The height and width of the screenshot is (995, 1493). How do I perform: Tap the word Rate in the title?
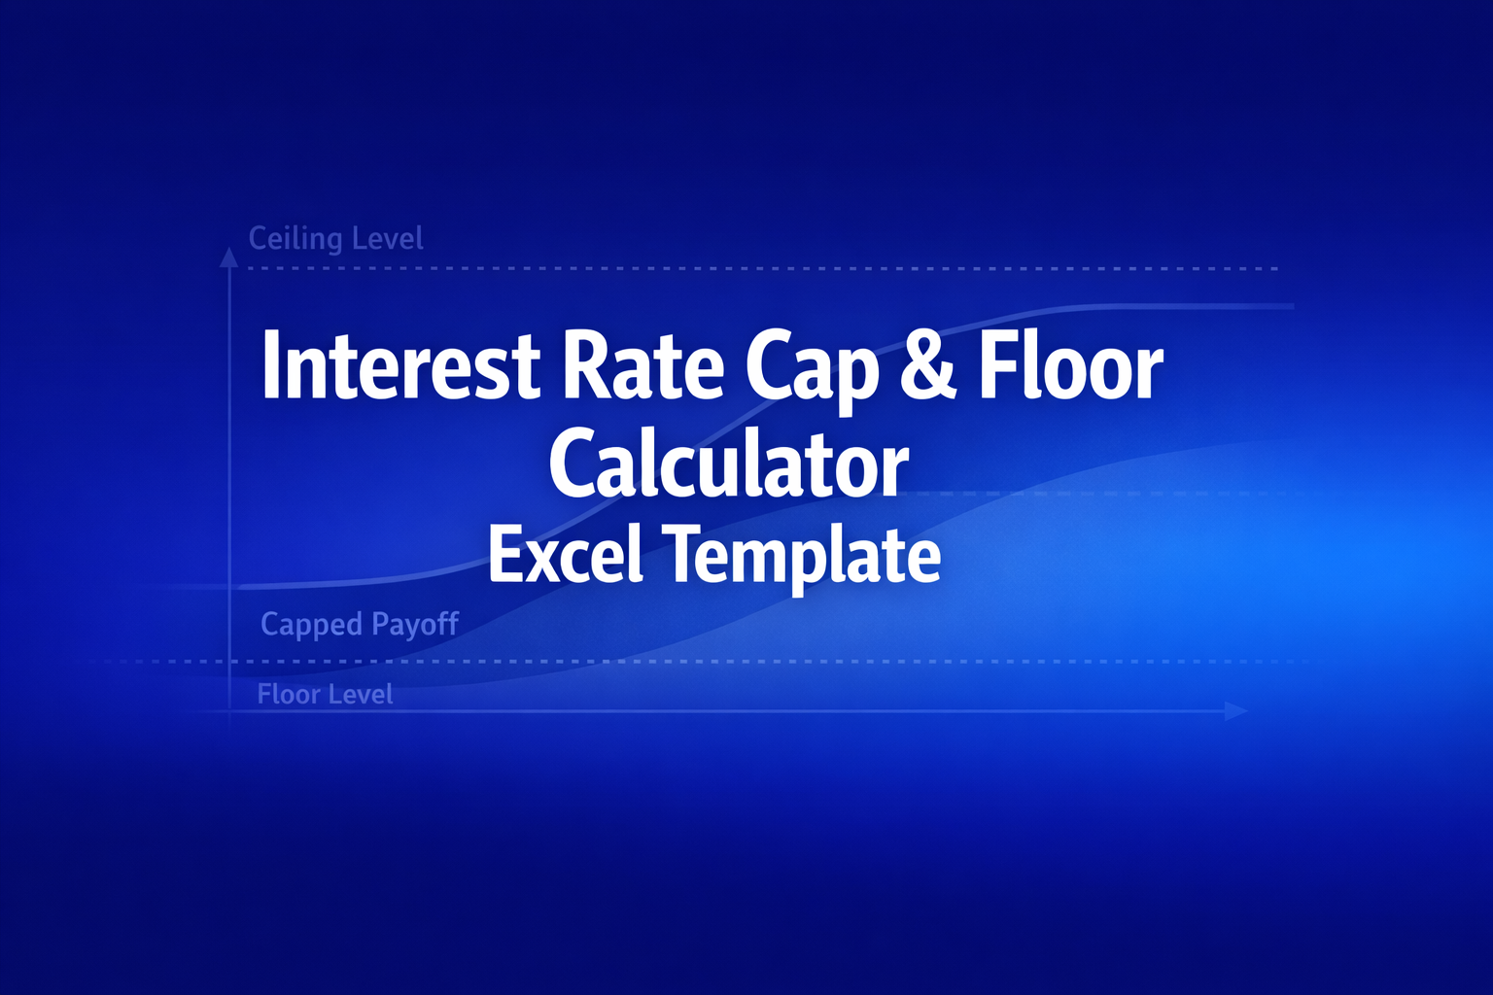(643, 367)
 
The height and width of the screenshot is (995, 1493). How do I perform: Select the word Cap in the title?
(813, 369)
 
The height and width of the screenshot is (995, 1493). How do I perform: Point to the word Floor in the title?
(1070, 367)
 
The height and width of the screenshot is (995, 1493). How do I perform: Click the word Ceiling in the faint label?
(295, 239)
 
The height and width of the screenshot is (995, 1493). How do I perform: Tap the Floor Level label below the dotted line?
(325, 695)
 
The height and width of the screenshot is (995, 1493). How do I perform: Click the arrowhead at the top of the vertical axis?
(228, 257)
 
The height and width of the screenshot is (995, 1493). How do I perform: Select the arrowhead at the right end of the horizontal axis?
(1236, 711)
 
